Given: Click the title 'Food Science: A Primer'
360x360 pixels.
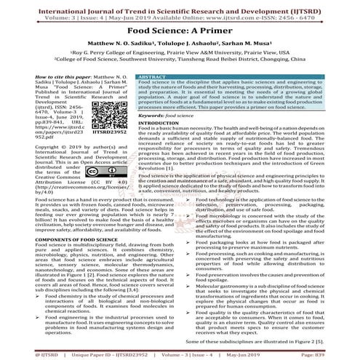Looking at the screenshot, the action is (x=180, y=32).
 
